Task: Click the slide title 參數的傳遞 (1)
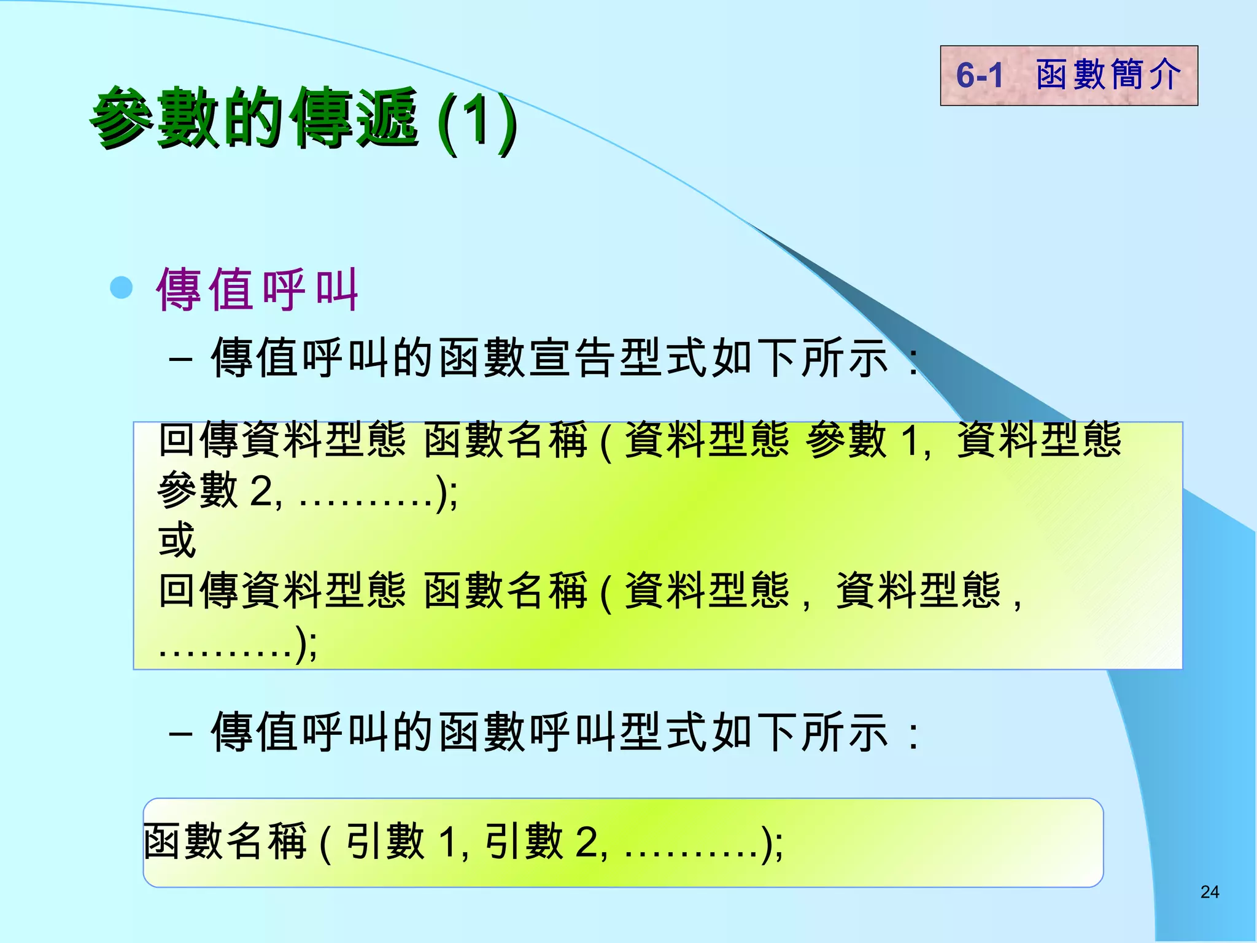pyautogui.click(x=304, y=118)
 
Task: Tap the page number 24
pyautogui.click(x=1209, y=892)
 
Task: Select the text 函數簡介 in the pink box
pyautogui.click(x=1108, y=76)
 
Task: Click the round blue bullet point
pyautogui.click(x=122, y=288)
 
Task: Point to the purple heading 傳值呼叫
pyautogui.click(x=257, y=290)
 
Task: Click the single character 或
pyautogui.click(x=177, y=540)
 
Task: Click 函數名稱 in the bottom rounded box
pyautogui.click(x=225, y=842)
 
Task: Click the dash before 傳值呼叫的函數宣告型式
pyautogui.click(x=180, y=359)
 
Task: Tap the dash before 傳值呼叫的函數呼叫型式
pyautogui.click(x=180, y=733)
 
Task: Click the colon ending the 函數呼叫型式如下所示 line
pyautogui.click(x=914, y=734)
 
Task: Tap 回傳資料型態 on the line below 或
pyautogui.click(x=282, y=591)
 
